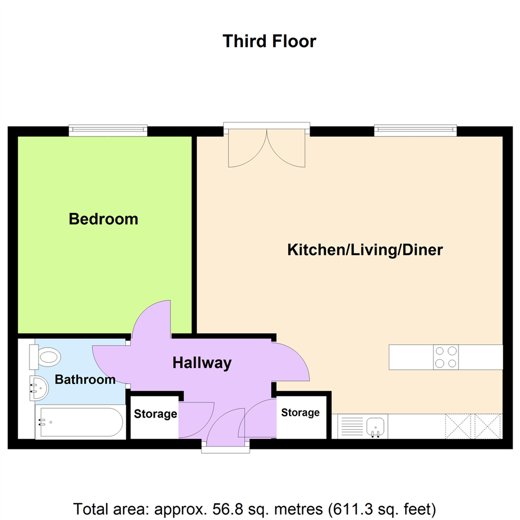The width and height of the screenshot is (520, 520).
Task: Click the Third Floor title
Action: click(269, 41)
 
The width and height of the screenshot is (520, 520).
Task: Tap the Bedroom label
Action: click(104, 219)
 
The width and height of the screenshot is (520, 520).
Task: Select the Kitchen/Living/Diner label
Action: click(365, 250)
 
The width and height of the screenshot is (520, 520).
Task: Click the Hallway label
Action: click(202, 363)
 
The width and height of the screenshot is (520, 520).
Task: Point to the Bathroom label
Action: click(85, 379)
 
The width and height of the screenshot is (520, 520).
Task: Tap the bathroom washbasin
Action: click(39, 389)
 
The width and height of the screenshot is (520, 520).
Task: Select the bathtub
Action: click(80, 422)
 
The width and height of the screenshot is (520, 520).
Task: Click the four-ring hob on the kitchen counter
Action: click(446, 357)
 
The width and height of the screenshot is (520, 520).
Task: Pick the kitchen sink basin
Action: click(376, 426)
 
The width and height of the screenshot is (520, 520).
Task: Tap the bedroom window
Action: click(108, 130)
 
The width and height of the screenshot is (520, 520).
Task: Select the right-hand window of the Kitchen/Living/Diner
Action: click(416, 130)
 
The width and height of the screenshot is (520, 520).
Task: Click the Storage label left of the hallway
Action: click(155, 414)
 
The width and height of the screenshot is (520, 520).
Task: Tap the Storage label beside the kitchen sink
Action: click(300, 413)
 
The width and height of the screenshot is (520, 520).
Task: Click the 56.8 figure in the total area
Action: click(224, 509)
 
